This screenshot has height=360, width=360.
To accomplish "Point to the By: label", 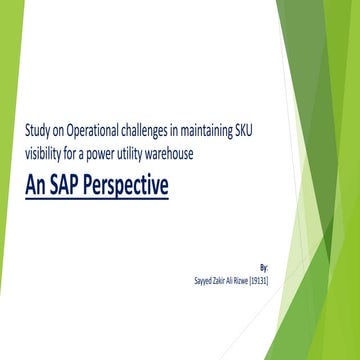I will (x=263, y=268).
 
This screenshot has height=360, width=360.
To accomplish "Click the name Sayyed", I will (x=204, y=280).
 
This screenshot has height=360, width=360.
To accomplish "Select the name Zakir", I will (x=225, y=280).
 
